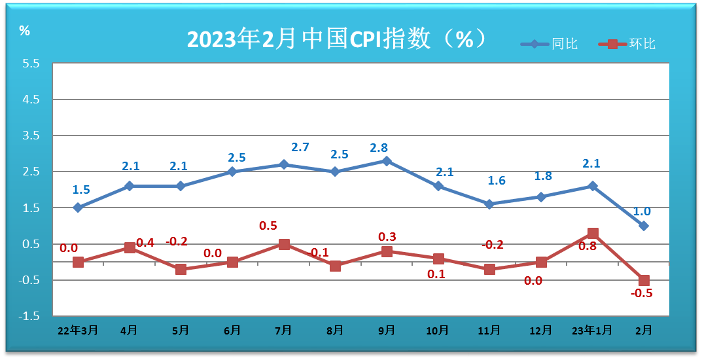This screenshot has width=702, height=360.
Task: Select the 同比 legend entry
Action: pos(550,45)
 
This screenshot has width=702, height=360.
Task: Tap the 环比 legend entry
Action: pos(627,45)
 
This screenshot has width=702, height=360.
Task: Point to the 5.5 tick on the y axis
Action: pos(31,64)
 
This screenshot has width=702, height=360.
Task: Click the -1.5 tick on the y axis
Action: pos(30,316)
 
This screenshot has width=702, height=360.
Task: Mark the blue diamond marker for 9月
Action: pos(387,160)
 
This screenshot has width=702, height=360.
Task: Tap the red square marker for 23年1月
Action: pos(593,233)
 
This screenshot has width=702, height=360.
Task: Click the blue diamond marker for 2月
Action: pos(644,226)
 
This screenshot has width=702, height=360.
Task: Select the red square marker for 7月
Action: pos(284,244)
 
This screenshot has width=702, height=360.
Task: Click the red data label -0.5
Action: pos(642,293)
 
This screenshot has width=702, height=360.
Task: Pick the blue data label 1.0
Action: pos(642,211)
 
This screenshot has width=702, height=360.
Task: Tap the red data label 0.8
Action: pos(587,247)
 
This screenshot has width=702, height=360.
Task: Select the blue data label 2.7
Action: pos(300,148)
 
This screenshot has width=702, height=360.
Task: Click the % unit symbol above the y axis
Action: pos(25,31)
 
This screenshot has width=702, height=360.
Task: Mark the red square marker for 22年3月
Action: pos(78,262)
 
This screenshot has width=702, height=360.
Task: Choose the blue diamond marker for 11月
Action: pos(489,204)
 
